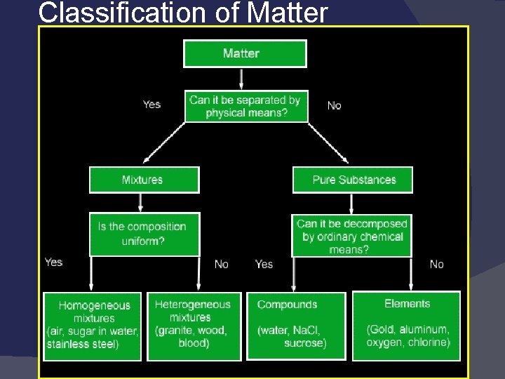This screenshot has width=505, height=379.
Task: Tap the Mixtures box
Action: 144,180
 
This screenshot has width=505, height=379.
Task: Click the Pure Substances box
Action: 353,180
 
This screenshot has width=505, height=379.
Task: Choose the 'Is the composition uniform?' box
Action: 144,234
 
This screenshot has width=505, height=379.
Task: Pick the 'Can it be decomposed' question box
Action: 351,236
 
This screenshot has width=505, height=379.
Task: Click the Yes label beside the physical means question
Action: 151,105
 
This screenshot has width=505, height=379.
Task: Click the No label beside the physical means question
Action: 335,105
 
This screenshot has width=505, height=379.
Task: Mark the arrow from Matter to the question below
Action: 242,79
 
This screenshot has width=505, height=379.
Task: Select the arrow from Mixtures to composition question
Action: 141,202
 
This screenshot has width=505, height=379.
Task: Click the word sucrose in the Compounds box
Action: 304,343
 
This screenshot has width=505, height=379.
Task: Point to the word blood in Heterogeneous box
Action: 194,343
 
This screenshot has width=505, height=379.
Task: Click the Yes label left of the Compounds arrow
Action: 264,264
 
